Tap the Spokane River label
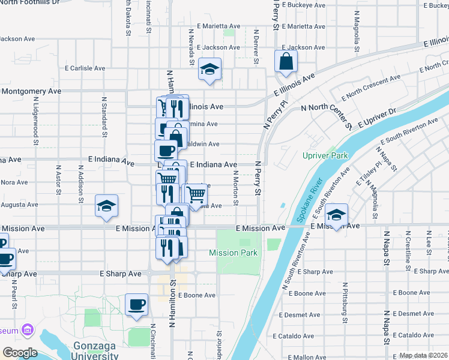coord(310,194)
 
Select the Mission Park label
coord(233,253)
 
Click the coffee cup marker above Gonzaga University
coord(136,304)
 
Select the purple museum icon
coord(27,330)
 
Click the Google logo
coord(20,352)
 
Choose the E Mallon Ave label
coord(307,357)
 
